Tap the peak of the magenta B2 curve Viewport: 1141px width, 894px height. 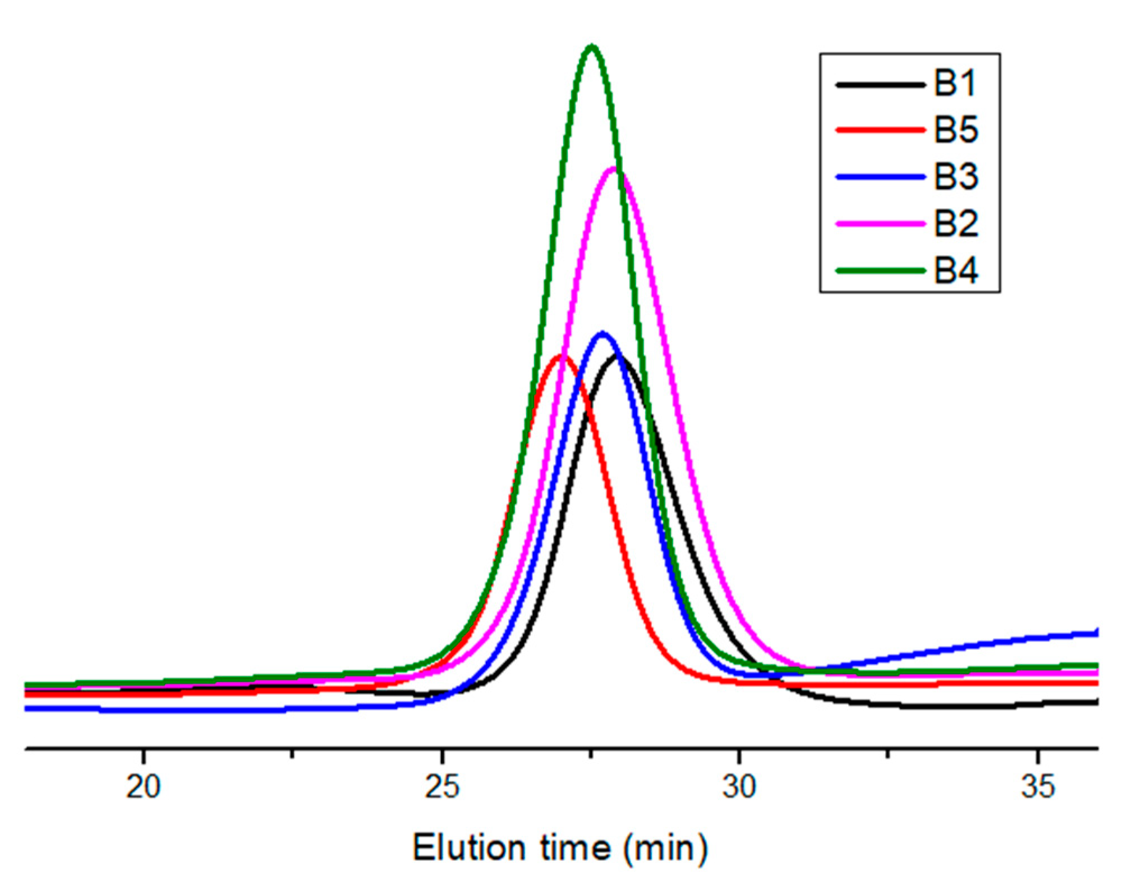point(614,169)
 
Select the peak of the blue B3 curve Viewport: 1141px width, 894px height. point(602,334)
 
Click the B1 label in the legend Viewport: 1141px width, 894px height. point(955,84)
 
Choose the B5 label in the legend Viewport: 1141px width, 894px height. point(955,130)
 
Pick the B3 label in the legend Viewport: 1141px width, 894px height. point(955,177)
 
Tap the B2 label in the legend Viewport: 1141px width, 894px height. point(955,223)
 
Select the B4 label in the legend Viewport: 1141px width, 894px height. point(955,270)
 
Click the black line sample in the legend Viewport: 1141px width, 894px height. point(880,85)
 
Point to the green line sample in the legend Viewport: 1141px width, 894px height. point(880,271)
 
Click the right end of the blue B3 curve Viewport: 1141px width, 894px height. point(1096,633)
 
